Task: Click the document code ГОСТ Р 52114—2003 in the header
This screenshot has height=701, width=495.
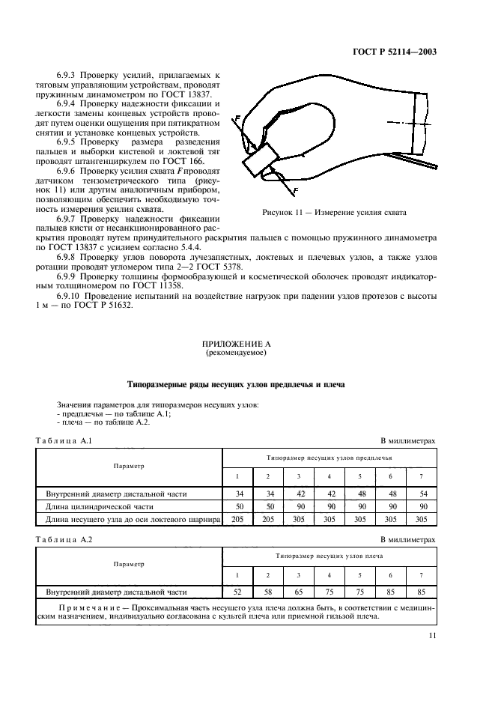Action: [x=395, y=52]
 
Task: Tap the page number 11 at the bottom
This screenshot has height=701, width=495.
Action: [x=431, y=636]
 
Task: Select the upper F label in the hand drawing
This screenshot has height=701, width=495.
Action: [x=237, y=118]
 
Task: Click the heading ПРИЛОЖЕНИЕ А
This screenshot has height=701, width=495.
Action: [x=236, y=344]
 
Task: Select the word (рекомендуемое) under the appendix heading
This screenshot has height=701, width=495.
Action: [x=236, y=352]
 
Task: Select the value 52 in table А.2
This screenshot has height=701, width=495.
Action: [x=237, y=591]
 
